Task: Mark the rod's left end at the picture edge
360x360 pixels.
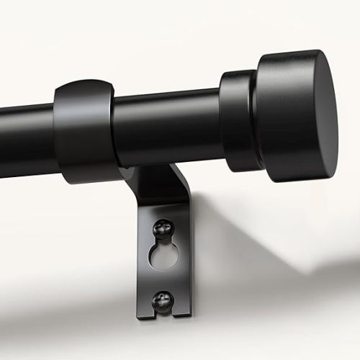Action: pyautogui.click(x=3, y=137)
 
